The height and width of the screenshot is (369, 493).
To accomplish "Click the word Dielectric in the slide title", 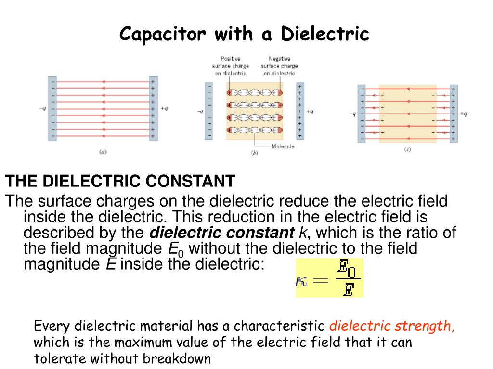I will coord(325,34).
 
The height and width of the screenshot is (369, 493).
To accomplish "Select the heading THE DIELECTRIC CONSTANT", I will coord(120,182).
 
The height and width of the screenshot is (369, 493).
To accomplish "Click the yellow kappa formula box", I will coord(329,278).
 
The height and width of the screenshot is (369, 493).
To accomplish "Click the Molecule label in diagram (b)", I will coord(283,147).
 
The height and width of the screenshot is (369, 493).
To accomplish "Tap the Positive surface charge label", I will coord(230,66).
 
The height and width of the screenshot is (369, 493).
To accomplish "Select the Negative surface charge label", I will coord(279,66).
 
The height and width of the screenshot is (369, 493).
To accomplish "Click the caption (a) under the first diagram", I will coord(103,152).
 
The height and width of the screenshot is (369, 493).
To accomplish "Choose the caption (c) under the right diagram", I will coord(407,150).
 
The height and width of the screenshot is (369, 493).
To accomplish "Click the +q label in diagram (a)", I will coord(164,109).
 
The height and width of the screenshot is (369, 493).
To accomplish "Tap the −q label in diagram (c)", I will coord(353,114).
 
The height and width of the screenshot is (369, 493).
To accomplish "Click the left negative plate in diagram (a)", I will coord(52,108).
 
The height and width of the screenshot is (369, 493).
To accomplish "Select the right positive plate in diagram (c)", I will coord(454,113).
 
